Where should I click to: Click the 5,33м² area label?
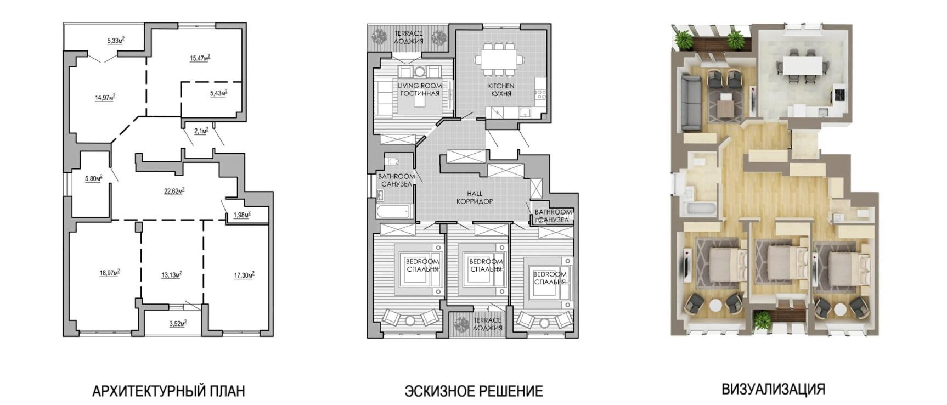(115, 40)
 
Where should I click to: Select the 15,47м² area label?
(200, 58)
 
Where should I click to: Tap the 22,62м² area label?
(174, 191)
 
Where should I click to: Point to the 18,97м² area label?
(109, 273)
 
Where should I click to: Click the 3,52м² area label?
(177, 324)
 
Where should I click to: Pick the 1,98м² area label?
(241, 215)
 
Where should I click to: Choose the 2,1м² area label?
(201, 131)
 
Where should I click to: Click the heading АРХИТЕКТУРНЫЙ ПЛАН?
(168, 391)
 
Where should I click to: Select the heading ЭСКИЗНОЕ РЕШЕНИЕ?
(473, 391)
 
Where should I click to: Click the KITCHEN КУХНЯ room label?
(501, 89)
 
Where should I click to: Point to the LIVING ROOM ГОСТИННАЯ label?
(420, 89)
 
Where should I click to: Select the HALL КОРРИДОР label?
(475, 198)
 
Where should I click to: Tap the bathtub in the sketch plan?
(394, 210)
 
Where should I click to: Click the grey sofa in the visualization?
(689, 103)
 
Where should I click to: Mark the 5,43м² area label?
(218, 93)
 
